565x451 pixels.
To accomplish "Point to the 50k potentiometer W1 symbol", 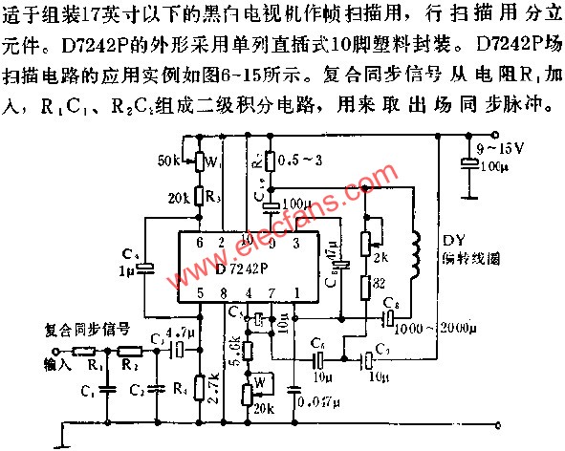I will tap(200, 161).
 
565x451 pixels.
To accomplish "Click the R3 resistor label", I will tap(211, 198).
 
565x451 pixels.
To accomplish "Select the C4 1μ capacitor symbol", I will tap(144, 270).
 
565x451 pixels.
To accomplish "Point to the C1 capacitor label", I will tap(86, 391).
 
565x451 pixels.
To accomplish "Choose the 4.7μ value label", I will tap(181, 332).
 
